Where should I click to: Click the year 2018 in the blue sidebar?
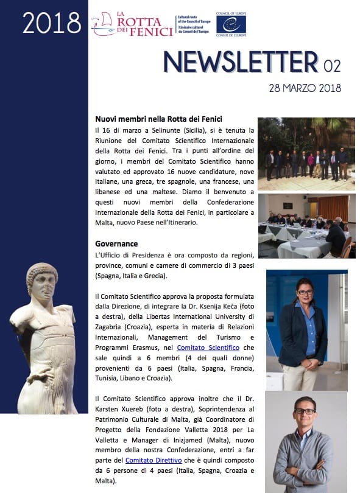tap(52, 23)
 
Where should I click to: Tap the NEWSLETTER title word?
tap(240, 63)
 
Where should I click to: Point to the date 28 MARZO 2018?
tap(305, 88)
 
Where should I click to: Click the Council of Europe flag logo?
tap(231, 24)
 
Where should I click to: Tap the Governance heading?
tap(116, 243)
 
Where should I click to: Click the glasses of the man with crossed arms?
tap(305, 411)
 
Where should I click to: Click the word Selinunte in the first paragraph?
tap(152, 131)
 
